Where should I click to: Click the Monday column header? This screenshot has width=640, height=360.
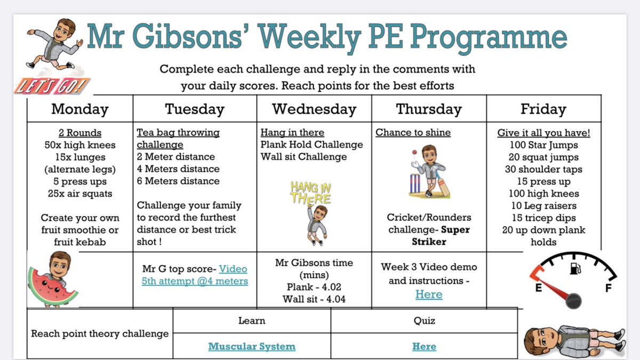coord(80,109)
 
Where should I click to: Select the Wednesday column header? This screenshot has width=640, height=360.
coord(314,109)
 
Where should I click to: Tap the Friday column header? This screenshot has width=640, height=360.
coord(543,109)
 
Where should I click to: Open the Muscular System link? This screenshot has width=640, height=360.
coord(252,347)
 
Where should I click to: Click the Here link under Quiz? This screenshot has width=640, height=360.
coord(424,347)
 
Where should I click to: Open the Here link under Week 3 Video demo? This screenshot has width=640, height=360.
coord(429,294)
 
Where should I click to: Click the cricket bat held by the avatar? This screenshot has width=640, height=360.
coord(442,184)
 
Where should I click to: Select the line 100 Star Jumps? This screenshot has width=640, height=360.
coord(543,145)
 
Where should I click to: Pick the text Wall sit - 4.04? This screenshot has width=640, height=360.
coord(314,299)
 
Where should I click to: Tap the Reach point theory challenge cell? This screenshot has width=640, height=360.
coord(100,334)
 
